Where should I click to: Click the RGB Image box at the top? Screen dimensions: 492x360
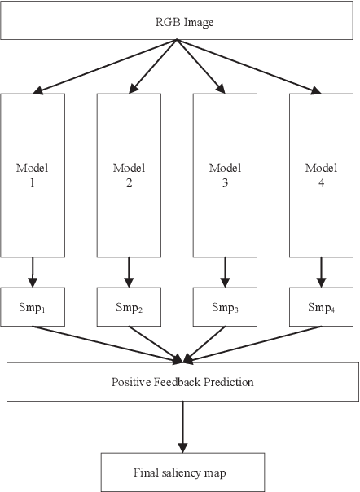[x=179, y=22]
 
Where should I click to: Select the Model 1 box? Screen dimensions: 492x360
[x=33, y=174]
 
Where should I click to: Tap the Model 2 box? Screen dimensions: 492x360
[x=129, y=174]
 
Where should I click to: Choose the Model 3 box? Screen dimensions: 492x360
[x=225, y=174]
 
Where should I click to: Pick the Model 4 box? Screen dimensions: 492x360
[x=321, y=174]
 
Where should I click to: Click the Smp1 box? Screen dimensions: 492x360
[x=33, y=307]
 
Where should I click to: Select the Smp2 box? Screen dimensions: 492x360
[x=129, y=307]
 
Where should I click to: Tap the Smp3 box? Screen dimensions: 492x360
[x=225, y=307]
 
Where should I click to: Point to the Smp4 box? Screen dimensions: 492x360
[x=321, y=307]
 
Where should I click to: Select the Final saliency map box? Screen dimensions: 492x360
[x=182, y=472]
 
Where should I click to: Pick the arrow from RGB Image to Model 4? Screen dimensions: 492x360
[x=252, y=66]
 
